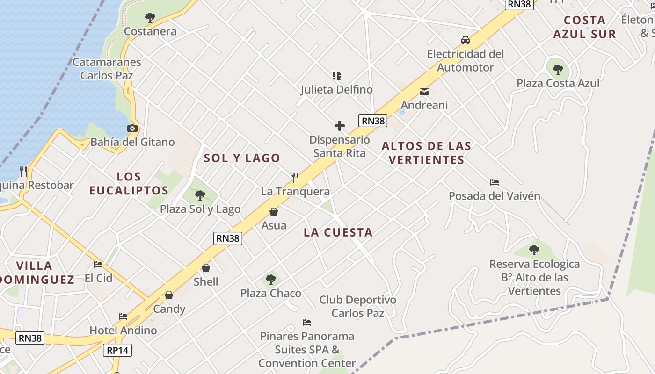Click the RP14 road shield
coord(118,350)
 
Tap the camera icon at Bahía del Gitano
coord(132,128)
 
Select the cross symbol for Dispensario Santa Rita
coord(340,125)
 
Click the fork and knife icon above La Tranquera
coord(295,177)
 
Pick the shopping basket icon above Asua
coord(274,212)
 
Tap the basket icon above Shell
coord(206,268)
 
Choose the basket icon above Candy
coord(169,295)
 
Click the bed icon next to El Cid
coord(98,264)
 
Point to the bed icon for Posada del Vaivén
coord(495,182)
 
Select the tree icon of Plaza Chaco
coord(270,280)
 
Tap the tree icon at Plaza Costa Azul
coord(558,70)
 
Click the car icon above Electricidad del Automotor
coord(466,40)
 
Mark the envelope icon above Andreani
coord(424,91)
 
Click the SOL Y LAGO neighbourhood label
coord(242,158)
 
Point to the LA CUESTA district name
coord(338,232)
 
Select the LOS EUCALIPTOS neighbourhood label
coord(129,183)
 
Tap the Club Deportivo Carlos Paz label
coord(357,306)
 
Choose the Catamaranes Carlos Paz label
coord(107,68)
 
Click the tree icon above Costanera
coord(150,18)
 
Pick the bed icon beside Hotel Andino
coord(123,316)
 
